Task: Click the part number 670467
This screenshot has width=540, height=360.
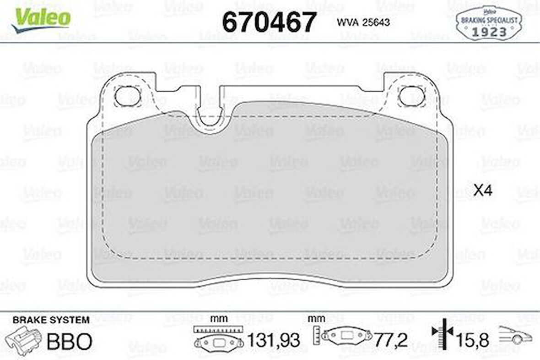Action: [269, 22]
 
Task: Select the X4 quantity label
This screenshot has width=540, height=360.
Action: [482, 191]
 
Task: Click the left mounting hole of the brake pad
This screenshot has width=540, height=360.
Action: [123, 96]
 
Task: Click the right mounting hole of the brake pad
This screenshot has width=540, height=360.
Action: [407, 96]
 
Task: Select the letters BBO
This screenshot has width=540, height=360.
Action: [70, 341]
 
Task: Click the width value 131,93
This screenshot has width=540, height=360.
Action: [274, 340]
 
